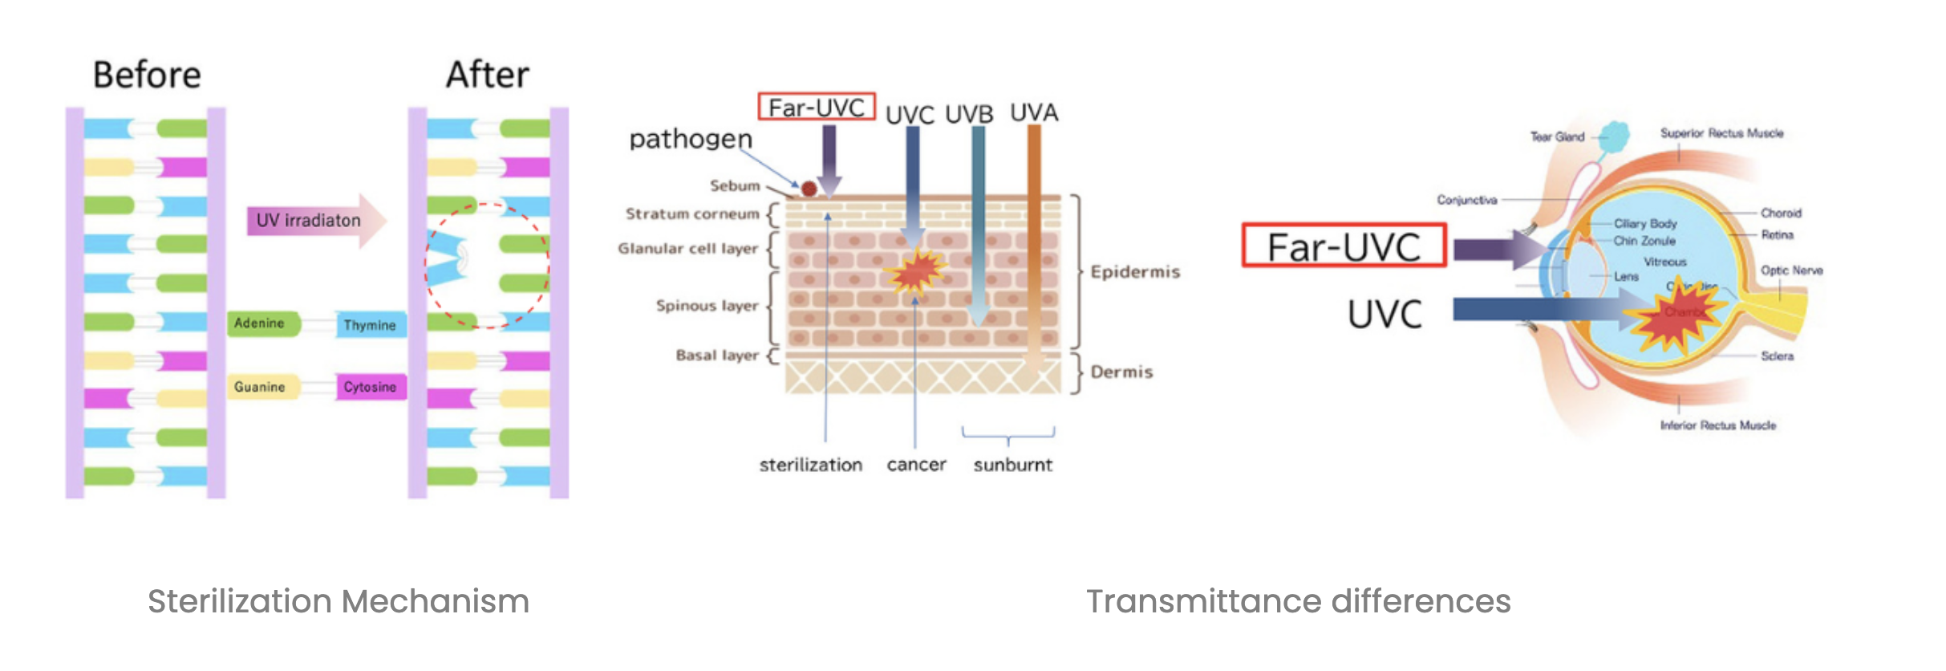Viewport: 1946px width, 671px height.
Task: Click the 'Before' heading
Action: click(147, 75)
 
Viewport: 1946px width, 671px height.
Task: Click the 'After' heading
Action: click(487, 75)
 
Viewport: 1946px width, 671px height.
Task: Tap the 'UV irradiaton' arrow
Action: click(313, 220)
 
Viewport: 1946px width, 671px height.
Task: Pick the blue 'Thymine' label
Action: click(370, 325)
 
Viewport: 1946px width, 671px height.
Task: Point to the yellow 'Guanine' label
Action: click(260, 387)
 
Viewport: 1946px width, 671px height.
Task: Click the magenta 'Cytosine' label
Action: click(370, 387)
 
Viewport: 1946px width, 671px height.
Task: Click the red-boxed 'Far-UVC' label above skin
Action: click(816, 108)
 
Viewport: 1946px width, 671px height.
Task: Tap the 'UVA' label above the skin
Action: click(1033, 112)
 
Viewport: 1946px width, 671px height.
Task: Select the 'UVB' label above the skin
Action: click(969, 115)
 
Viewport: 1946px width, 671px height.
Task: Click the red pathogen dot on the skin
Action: click(809, 189)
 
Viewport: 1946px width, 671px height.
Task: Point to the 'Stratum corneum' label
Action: click(691, 214)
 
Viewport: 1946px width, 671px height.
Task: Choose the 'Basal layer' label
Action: click(716, 356)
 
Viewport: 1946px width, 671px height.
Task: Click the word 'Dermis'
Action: click(1121, 372)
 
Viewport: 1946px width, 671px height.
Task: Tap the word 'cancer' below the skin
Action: click(916, 465)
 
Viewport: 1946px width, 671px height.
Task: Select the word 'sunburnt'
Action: click(1012, 465)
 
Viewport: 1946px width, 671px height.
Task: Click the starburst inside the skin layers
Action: click(914, 271)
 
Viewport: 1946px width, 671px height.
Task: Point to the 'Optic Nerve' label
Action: click(1791, 270)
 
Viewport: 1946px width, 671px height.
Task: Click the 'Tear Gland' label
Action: click(1557, 137)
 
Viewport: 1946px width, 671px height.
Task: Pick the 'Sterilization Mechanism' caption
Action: click(339, 601)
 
